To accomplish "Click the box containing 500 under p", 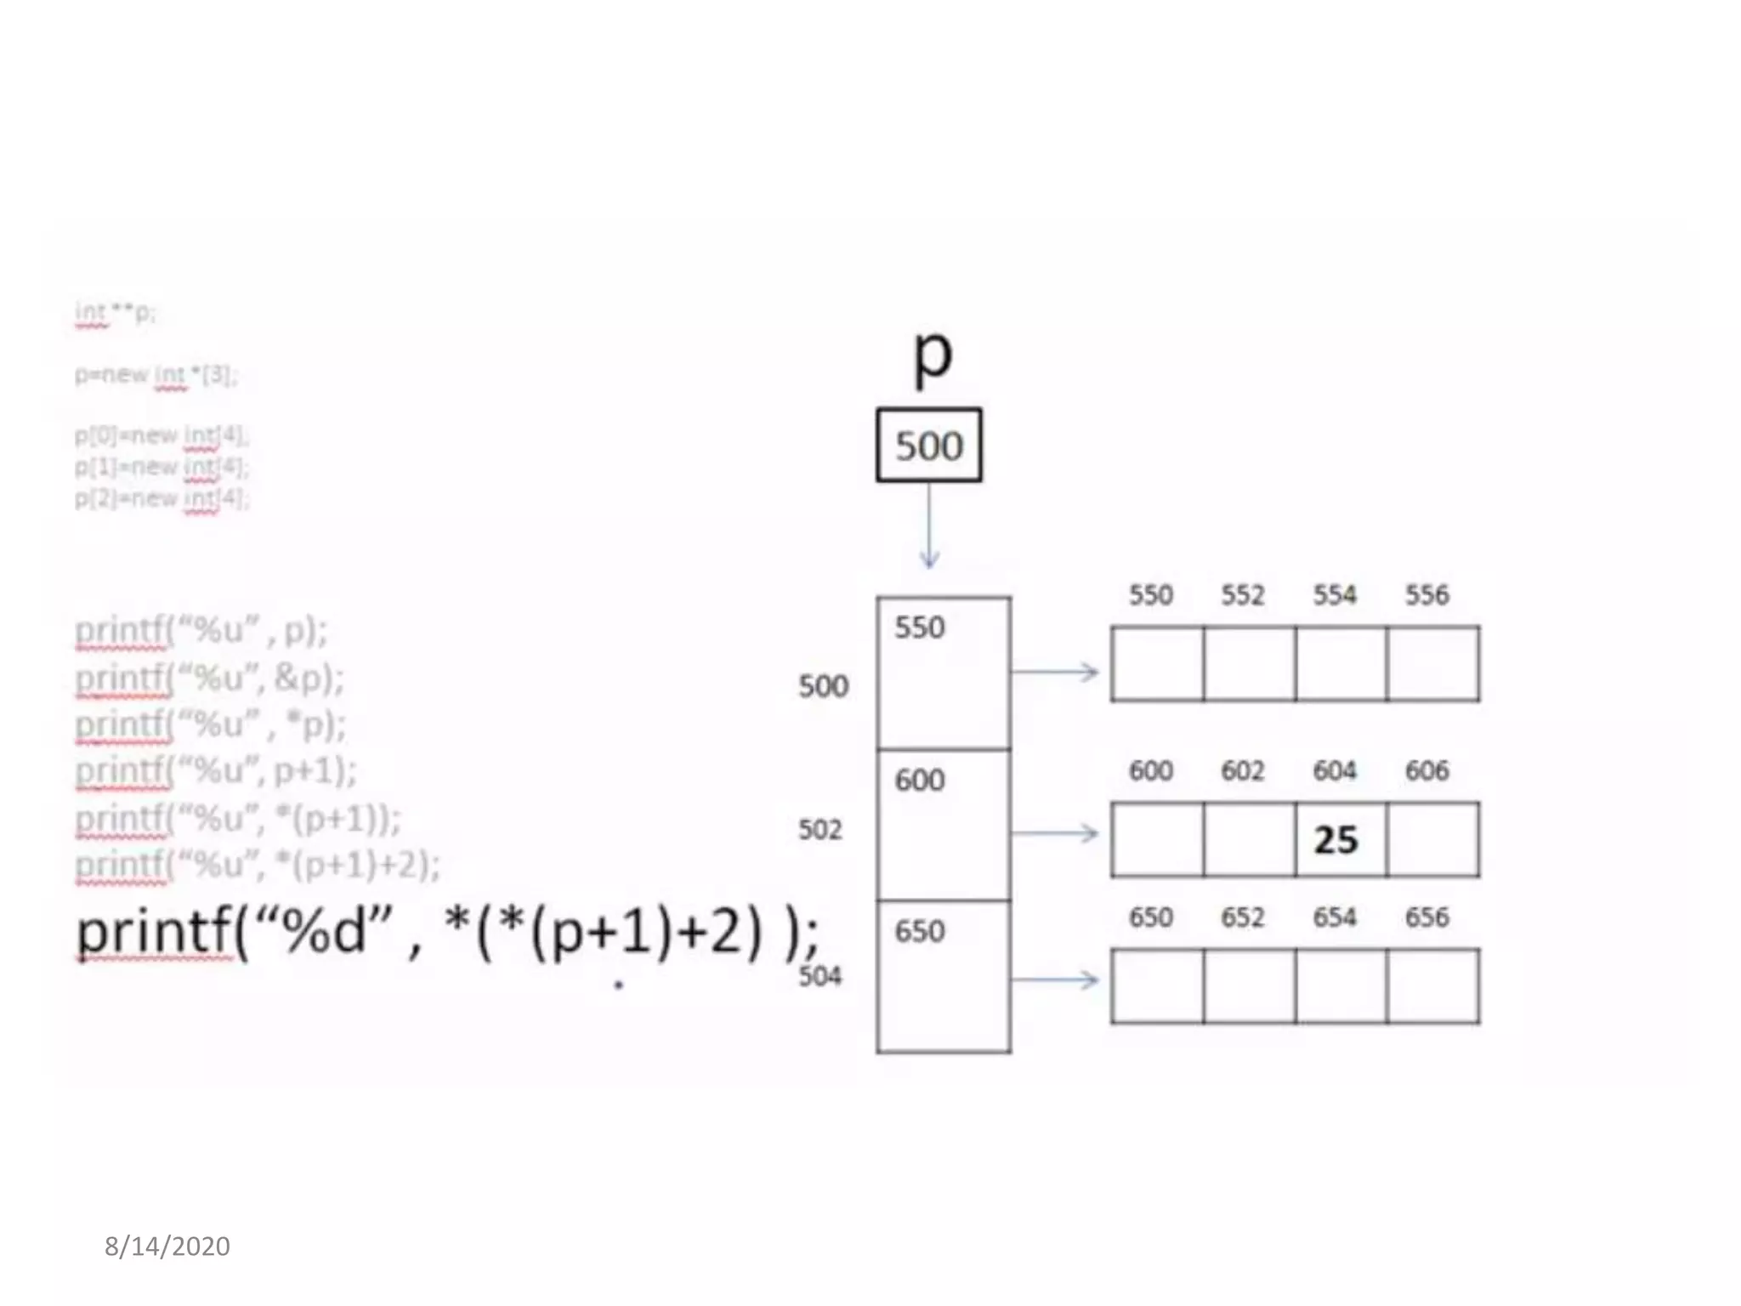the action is coord(929,446).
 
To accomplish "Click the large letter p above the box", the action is coord(933,355).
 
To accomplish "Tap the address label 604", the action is coord(1335,771).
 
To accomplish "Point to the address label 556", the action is coord(1426,595).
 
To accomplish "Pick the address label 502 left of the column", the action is coord(820,830).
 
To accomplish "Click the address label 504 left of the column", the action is coord(820,976).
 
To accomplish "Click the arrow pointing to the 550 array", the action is coord(1055,673).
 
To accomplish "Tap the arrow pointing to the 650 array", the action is coord(1055,981).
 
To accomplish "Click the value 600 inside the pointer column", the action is coord(920,781).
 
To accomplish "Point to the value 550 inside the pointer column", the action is coord(920,628).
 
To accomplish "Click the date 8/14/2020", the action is coord(167,1246).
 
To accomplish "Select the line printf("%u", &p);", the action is coord(210,679).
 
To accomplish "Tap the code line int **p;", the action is coord(115,313).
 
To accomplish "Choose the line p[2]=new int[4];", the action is coord(162,498).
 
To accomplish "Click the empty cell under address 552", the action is coord(1250,664).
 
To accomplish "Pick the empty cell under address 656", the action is coord(1432,986).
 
